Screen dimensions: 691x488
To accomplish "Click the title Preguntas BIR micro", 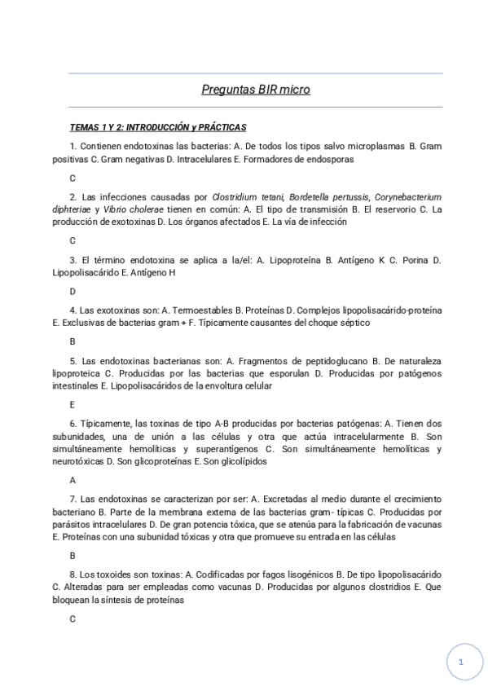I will (x=255, y=90).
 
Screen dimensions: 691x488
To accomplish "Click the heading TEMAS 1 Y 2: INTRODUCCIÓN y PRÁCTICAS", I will (x=158, y=127).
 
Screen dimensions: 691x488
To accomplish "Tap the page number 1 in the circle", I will (x=460, y=662).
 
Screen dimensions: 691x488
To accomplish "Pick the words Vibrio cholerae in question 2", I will (x=120, y=209).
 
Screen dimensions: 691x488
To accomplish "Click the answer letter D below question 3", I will (x=73, y=291).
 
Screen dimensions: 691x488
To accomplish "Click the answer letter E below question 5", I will (x=73, y=404).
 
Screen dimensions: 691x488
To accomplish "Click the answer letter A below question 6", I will (x=73, y=480).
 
